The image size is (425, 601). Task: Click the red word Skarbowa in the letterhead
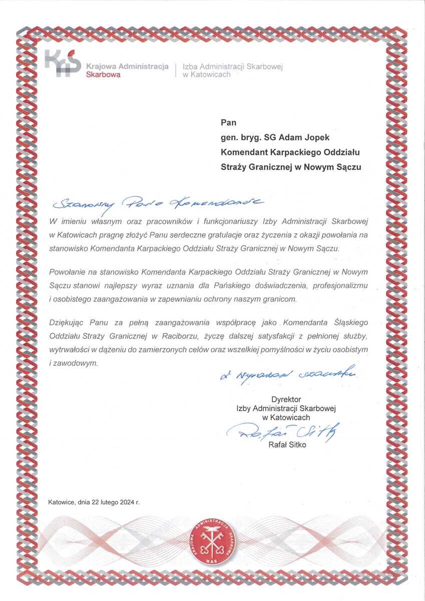pyautogui.click(x=103, y=75)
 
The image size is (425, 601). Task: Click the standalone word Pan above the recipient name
pyautogui.click(x=228, y=122)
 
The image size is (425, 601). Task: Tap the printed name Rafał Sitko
pyautogui.click(x=287, y=445)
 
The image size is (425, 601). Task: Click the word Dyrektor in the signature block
pyautogui.click(x=286, y=399)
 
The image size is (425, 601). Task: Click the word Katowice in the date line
pyautogui.click(x=62, y=502)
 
